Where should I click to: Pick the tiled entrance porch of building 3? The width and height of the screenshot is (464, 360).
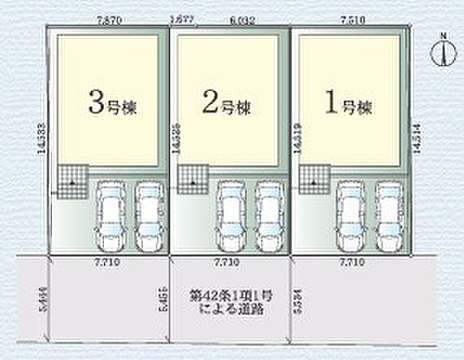click(x=71, y=178)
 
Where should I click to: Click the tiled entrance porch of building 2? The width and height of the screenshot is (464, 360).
click(x=193, y=178)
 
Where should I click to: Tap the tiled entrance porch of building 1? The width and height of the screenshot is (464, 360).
click(x=314, y=178)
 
